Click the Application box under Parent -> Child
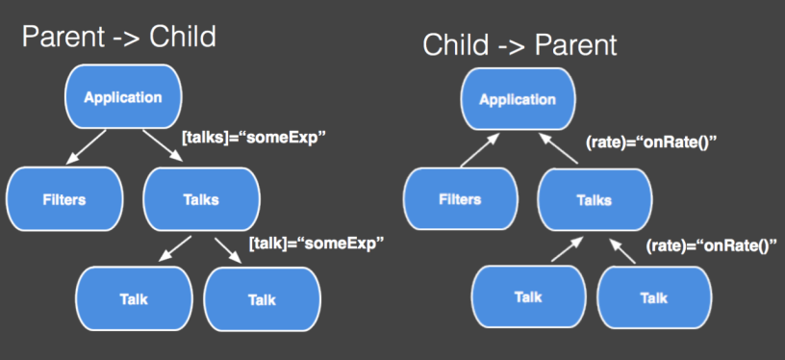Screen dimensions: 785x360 coord(124,97)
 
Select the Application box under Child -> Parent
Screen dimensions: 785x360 coord(518,99)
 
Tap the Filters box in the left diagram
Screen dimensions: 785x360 coord(64,199)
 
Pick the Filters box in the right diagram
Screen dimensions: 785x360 coord(461,199)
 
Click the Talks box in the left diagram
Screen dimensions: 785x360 coord(202,199)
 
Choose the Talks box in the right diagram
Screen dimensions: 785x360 coord(595,200)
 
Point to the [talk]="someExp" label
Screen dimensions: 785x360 coord(317,244)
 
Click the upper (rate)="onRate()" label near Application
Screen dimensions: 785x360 coord(652,142)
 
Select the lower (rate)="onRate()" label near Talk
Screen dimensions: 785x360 coord(711,245)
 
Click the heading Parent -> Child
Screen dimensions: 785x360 coord(119,36)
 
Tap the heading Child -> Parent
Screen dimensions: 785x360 coord(519,45)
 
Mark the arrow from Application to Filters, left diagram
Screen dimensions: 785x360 coord(87,146)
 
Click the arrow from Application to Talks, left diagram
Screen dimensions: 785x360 coord(164,145)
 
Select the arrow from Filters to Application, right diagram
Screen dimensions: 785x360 coord(480,150)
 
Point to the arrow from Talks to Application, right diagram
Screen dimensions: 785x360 coord(558,148)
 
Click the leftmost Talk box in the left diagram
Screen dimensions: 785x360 coord(134,299)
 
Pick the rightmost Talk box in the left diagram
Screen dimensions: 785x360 coord(262,300)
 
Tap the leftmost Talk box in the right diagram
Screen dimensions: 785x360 coord(528,296)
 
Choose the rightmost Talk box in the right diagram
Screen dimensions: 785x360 coord(654,297)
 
